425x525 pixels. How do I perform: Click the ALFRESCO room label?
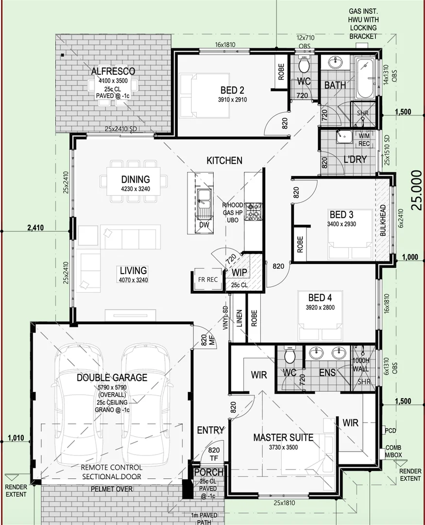click(x=113, y=71)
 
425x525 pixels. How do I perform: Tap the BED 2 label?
click(x=232, y=90)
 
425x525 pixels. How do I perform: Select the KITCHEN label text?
click(x=224, y=160)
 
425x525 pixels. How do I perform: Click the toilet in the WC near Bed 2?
click(x=305, y=65)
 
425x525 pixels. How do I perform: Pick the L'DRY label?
click(x=355, y=159)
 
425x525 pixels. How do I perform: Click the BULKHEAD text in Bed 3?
click(x=383, y=220)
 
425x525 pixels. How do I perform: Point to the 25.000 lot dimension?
click(x=416, y=190)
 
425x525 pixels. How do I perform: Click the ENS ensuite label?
click(x=328, y=372)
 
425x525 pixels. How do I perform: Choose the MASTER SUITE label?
click(x=283, y=437)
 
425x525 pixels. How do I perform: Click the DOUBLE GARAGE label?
click(x=112, y=377)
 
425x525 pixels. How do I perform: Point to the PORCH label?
click(x=208, y=472)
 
